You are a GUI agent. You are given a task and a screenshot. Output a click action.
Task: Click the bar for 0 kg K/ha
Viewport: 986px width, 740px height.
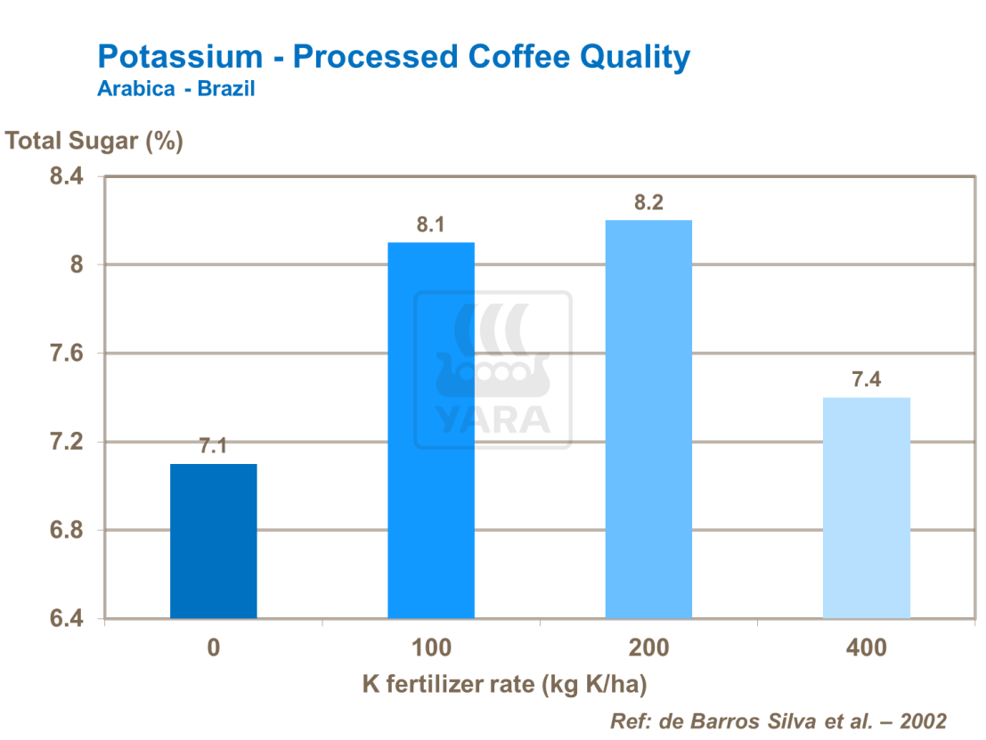pos(214,541)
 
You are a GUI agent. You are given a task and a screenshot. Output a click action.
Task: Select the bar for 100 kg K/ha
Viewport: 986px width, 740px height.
pos(431,430)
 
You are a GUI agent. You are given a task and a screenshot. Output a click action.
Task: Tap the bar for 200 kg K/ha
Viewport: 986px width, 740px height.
pos(648,419)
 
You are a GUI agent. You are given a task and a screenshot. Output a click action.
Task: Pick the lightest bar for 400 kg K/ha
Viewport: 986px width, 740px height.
pos(866,508)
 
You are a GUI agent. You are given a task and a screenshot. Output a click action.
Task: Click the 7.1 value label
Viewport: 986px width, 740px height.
pos(214,446)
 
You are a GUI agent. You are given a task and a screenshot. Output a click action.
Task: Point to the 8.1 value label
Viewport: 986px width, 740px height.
pos(431,225)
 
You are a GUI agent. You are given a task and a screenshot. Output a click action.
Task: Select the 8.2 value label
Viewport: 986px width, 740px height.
pos(648,203)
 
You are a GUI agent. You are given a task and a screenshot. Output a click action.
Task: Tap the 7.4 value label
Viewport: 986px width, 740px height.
pos(866,380)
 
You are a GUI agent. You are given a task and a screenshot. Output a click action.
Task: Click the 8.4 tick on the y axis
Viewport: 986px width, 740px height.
pos(65,177)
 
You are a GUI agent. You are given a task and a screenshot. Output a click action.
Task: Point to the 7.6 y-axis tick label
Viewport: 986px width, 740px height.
pos(65,354)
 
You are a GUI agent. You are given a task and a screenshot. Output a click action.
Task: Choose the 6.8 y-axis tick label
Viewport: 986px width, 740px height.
pos(65,531)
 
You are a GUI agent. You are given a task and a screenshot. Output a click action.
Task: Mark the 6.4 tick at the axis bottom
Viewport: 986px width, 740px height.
pos(65,619)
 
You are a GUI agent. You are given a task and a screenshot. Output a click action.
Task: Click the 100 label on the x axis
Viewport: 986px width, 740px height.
pos(431,647)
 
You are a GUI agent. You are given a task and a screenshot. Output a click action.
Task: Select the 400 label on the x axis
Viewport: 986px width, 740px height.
pos(866,647)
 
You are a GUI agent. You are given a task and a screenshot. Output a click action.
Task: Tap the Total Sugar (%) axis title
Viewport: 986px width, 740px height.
pos(94,141)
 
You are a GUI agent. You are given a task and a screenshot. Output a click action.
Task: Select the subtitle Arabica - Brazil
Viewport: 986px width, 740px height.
pos(176,89)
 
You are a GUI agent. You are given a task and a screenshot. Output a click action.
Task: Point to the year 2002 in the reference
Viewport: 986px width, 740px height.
pos(922,720)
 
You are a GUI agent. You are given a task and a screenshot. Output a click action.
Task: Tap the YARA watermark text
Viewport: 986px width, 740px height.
pos(493,419)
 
